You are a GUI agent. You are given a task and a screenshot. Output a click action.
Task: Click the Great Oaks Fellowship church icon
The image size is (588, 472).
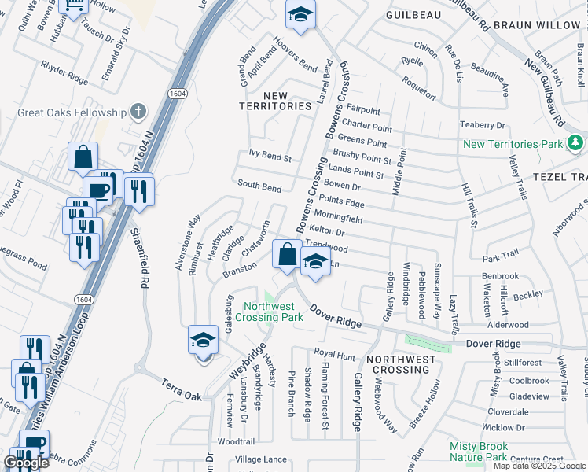pos(138,112)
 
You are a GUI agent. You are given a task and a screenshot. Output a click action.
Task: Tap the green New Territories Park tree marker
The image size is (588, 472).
pos(576,143)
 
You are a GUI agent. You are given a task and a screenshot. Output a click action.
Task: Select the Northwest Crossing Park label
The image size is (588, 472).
pos(273,312)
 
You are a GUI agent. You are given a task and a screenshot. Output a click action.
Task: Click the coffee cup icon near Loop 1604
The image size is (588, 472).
pos(98,190)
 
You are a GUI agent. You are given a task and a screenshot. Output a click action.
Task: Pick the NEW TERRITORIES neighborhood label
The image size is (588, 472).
pos(276,101)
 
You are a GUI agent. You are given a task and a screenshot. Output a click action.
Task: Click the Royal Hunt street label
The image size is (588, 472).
pos(336,354)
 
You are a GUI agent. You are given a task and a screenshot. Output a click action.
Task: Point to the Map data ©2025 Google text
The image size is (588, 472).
pos(538,466)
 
